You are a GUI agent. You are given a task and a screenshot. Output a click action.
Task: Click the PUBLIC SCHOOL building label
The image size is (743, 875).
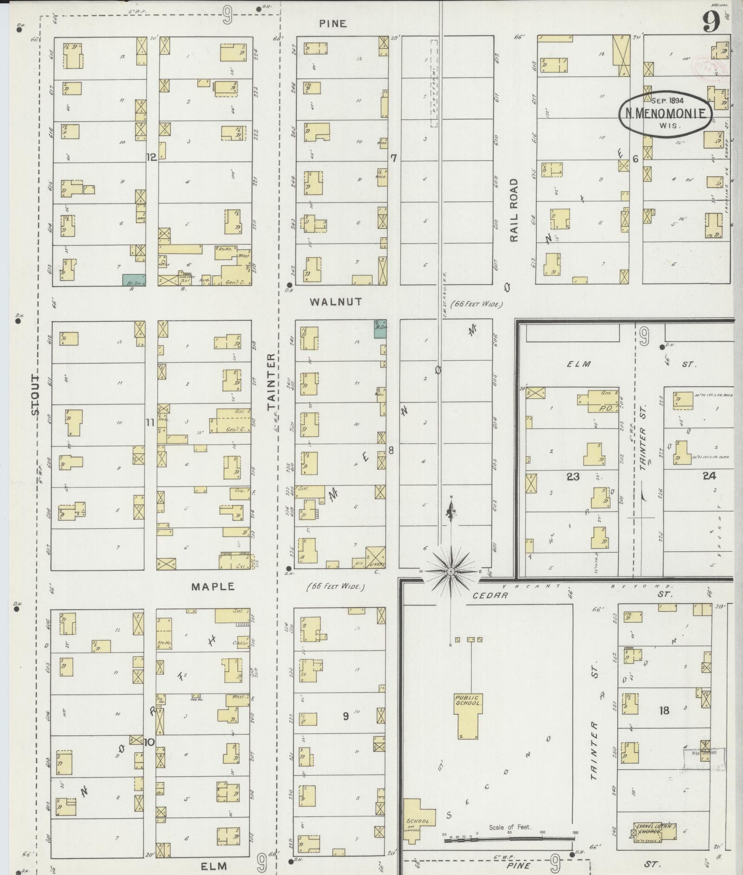pyautogui.click(x=468, y=700)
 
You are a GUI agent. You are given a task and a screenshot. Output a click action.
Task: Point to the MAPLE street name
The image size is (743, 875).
pyautogui.click(x=213, y=587)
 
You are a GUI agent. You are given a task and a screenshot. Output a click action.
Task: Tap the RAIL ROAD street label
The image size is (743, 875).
pyautogui.click(x=513, y=210)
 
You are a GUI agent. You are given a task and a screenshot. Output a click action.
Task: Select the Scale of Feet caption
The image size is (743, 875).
pyautogui.click(x=510, y=827)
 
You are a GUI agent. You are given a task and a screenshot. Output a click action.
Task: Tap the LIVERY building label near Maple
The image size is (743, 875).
pyautogui.click(x=375, y=564)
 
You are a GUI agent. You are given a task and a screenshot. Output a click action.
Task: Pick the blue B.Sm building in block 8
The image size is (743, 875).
pyautogui.click(x=380, y=328)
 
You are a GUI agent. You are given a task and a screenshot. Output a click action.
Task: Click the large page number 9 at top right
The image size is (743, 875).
pyautogui.click(x=711, y=22)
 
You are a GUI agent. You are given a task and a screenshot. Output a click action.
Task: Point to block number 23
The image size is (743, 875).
pyautogui.click(x=573, y=476)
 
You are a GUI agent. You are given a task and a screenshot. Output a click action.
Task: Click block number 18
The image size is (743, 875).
pyautogui.click(x=664, y=710)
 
